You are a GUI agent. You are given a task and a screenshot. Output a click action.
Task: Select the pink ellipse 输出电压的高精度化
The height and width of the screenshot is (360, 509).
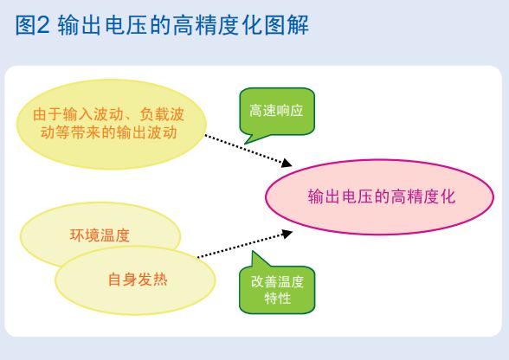point(381,196)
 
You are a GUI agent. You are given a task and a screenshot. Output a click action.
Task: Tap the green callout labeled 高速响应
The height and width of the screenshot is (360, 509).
point(276,112)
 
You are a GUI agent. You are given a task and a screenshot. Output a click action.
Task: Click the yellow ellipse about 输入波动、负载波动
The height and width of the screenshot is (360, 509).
point(108,124)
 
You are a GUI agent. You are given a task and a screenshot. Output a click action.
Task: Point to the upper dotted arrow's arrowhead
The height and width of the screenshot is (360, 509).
point(288,163)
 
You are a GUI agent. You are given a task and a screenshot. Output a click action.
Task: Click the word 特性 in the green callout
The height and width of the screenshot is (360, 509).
point(277,299)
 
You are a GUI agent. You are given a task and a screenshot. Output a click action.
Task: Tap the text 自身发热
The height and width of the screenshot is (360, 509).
point(136,280)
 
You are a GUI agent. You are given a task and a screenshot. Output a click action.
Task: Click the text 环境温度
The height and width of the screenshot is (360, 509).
point(100,235)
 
